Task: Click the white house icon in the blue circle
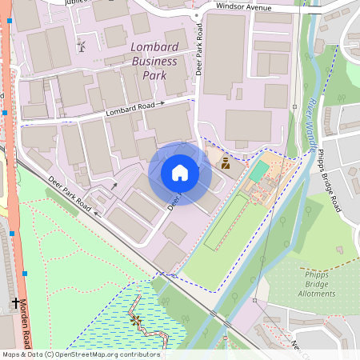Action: [180, 173]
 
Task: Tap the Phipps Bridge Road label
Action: [329, 180]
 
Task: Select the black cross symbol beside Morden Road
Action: [15, 303]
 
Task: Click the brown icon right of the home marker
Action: [225, 164]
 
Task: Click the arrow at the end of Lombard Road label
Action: [161, 103]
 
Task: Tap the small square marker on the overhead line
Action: [254, 300]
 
